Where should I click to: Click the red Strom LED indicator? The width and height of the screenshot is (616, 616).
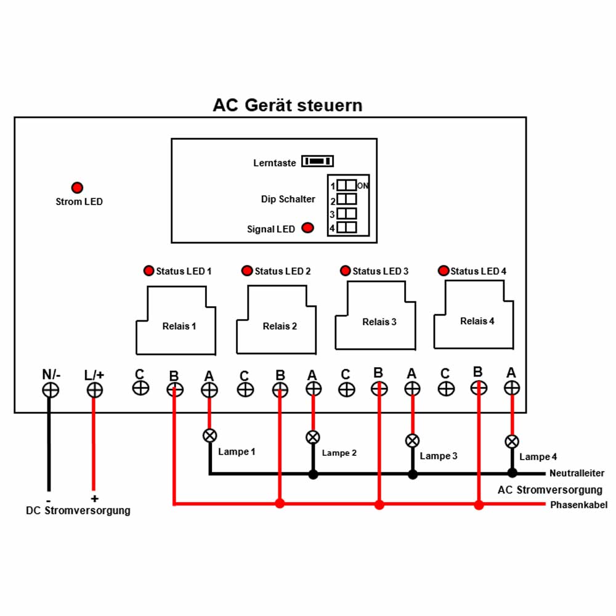pos(77,187)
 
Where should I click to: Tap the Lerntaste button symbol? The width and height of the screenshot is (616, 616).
pos(317,161)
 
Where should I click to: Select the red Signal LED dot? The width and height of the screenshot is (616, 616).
pos(307,228)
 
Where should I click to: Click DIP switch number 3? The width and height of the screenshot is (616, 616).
pos(346,213)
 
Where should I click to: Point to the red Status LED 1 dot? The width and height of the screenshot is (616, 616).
pos(149,270)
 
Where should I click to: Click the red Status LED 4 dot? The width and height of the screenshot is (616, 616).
pos(444,270)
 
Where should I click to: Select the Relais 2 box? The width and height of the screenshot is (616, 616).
pos(276,319)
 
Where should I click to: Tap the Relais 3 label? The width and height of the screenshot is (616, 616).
pos(379,322)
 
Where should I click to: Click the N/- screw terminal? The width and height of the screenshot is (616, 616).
pos(51,390)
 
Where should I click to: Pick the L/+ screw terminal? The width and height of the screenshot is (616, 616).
pos(95,390)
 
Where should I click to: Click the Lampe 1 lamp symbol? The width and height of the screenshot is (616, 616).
pos(210,436)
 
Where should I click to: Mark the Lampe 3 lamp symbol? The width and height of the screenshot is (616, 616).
pos(412,440)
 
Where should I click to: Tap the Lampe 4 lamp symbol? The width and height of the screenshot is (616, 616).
pos(512,442)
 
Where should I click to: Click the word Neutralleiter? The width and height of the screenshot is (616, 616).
pos(577,473)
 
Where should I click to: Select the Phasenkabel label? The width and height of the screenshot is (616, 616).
pos(578,505)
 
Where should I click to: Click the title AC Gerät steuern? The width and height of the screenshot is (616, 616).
pos(288,105)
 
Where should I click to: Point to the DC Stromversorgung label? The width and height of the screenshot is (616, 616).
pos(78,510)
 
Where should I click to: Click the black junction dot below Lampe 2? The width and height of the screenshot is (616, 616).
pos(313,474)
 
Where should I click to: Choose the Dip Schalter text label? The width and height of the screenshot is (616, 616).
pos(288,199)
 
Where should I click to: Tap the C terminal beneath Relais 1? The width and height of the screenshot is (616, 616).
pos(140,388)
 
